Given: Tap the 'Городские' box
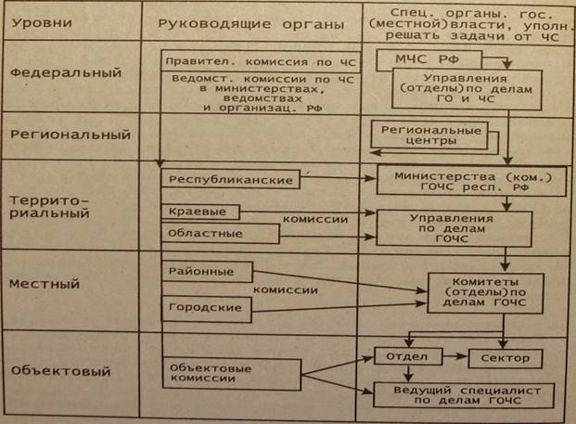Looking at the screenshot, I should [x=200, y=306].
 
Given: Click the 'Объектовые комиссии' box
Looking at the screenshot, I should [x=231, y=373].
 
